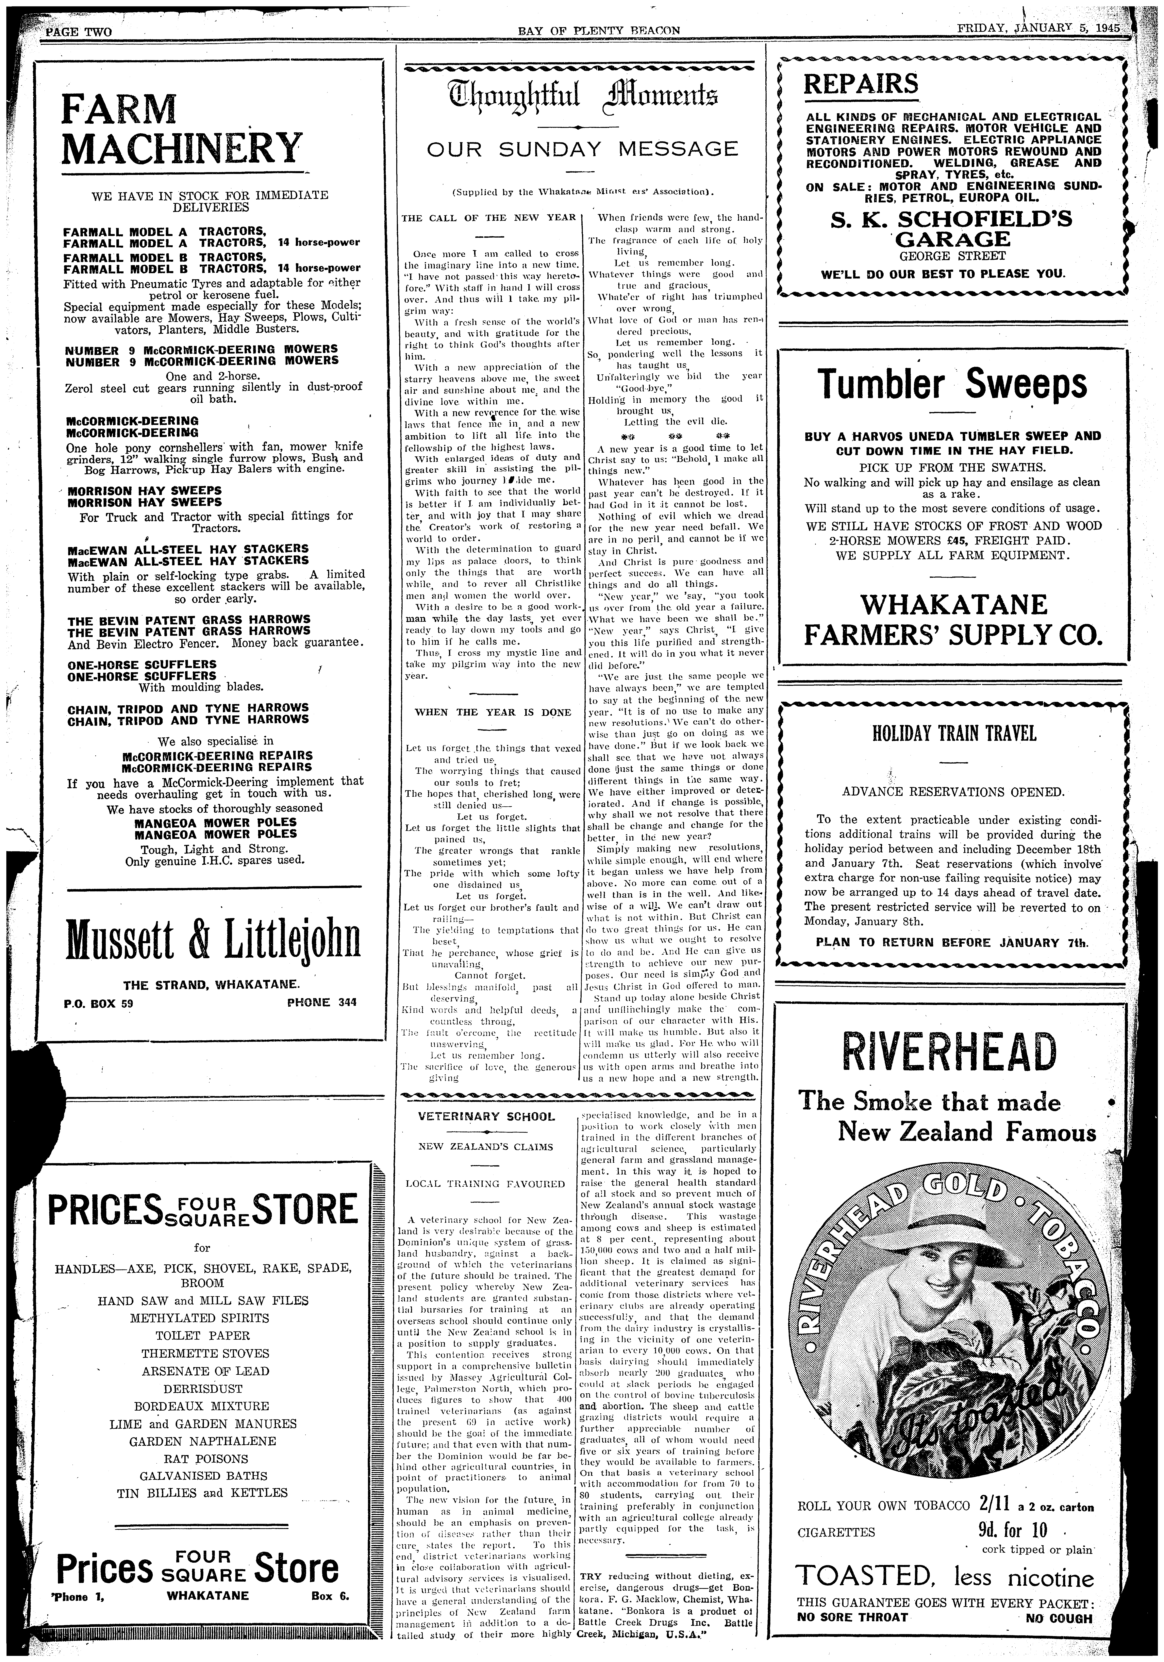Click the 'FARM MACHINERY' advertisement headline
tap(180, 129)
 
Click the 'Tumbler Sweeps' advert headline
tap(952, 384)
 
